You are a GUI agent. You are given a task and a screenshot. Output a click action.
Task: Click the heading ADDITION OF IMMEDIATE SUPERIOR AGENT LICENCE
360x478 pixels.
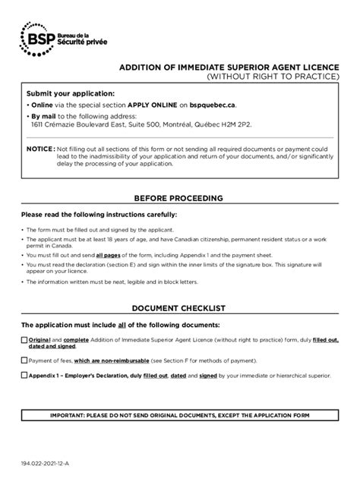point(229,68)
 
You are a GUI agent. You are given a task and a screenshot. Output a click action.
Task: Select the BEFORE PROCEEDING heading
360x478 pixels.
point(179,198)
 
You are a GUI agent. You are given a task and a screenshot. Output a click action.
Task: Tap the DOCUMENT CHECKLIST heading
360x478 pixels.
point(179,310)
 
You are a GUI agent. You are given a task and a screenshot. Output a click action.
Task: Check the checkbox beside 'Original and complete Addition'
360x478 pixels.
point(24,340)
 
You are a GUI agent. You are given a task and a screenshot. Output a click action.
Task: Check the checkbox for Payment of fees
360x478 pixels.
point(24,360)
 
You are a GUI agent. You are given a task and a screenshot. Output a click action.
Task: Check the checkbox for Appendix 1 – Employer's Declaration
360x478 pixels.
point(24,375)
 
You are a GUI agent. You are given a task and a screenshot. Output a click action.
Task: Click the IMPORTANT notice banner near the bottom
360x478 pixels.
point(179,417)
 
